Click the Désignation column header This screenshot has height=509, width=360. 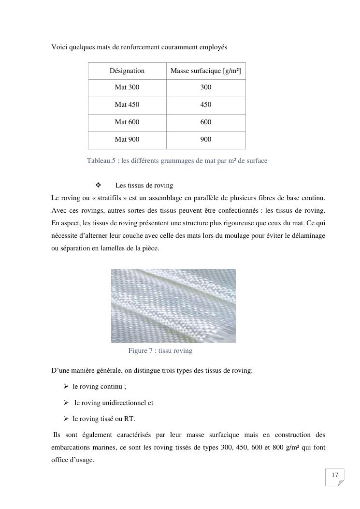pyautogui.click(x=127, y=71)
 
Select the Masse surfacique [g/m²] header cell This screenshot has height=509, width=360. pyautogui.click(x=206, y=71)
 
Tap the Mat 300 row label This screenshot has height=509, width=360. pyautogui.click(x=127, y=87)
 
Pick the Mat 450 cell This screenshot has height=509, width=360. pyautogui.click(x=127, y=105)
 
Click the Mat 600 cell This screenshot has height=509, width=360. pyautogui.click(x=127, y=122)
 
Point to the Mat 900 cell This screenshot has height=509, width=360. pyautogui.click(x=127, y=140)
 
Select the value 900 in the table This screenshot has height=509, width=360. pyautogui.click(x=206, y=140)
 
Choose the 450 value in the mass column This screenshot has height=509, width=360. pyautogui.click(x=206, y=105)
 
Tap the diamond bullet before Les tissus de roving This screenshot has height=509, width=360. pyautogui.click(x=98, y=185)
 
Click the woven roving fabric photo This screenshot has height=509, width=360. pyautogui.click(x=173, y=305)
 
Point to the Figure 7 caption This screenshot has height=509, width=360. pyautogui.click(x=160, y=351)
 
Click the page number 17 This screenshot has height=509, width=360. pyautogui.click(x=335, y=476)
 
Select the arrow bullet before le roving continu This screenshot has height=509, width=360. pyautogui.click(x=66, y=387)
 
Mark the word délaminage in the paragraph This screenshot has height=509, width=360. pyautogui.click(x=309, y=236)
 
